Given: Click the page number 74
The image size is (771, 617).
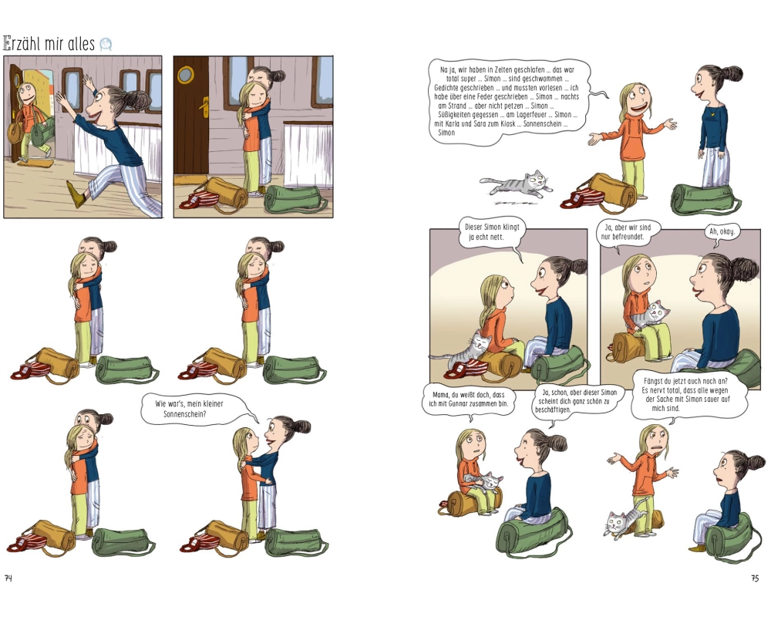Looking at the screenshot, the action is (x=8, y=578).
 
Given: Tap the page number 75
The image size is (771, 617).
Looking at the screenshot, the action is (x=755, y=578).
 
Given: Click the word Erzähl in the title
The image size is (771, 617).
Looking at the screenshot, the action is (x=22, y=44).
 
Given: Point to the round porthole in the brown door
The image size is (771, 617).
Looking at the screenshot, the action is (x=187, y=74).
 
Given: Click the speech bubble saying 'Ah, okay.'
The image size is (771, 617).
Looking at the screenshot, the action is (x=722, y=233).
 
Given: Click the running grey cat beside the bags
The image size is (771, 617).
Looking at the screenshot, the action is (x=516, y=185).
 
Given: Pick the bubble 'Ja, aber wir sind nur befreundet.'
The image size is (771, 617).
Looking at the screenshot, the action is (x=628, y=232).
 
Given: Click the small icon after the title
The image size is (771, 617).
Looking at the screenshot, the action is (x=106, y=45).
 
